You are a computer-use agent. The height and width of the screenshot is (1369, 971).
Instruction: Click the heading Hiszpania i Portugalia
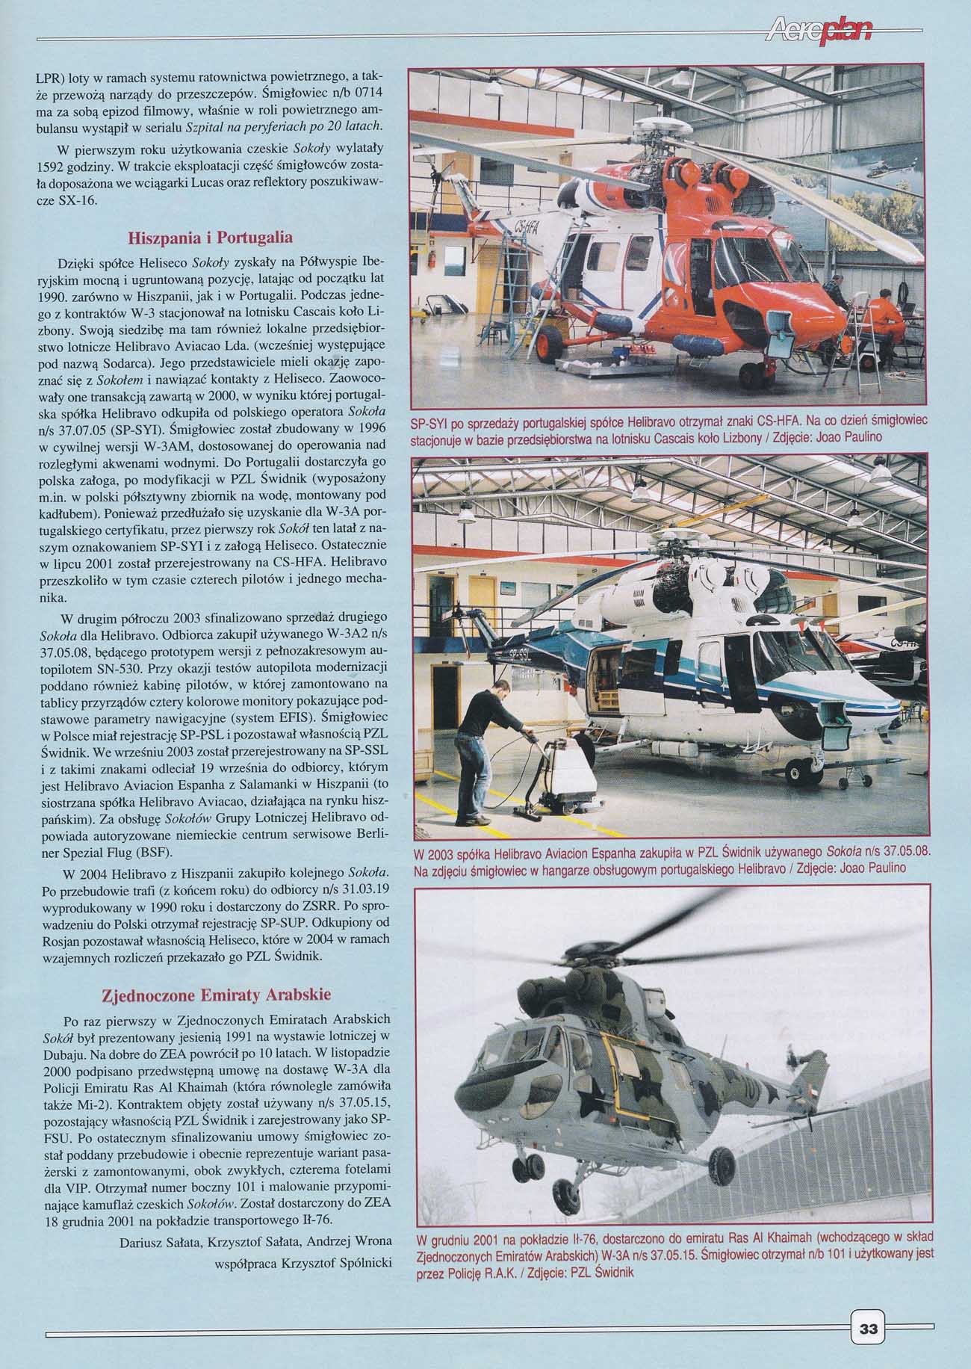click(x=210, y=238)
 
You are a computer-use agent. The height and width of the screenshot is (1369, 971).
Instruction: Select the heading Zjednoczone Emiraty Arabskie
click(x=216, y=995)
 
